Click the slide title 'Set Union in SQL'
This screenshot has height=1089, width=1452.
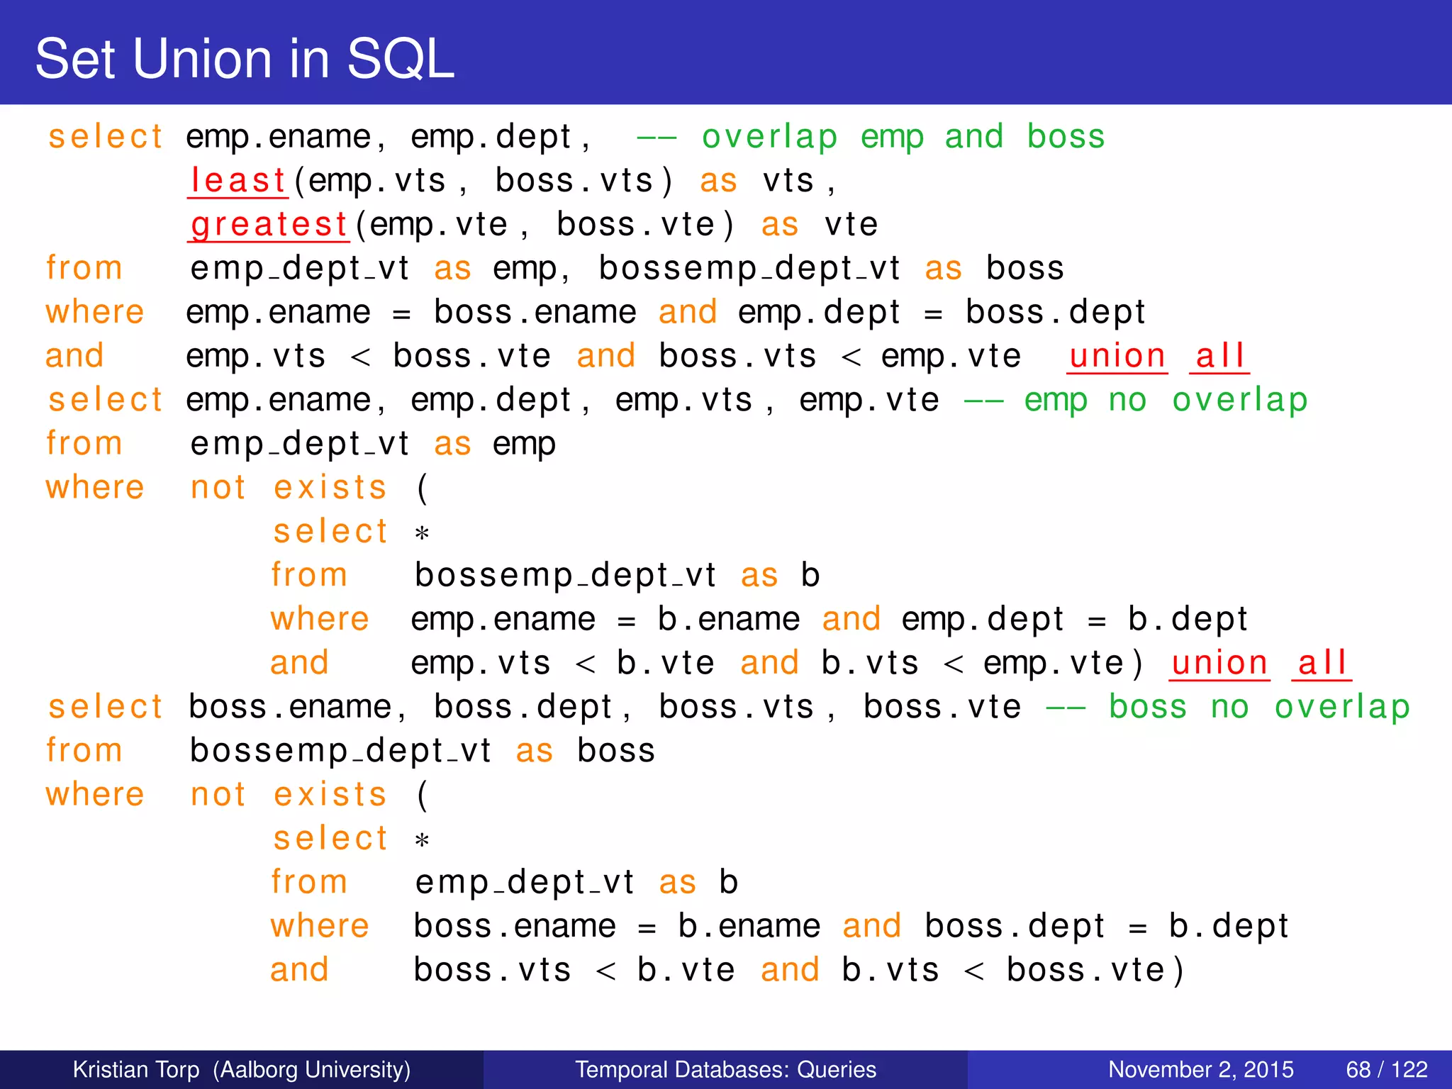245,58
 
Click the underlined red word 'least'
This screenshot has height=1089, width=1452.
238,180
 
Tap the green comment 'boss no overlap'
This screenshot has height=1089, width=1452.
1258,707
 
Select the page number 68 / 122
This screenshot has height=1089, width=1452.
1386,1069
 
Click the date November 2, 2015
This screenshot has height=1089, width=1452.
1200,1069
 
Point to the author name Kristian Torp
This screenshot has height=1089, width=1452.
136,1069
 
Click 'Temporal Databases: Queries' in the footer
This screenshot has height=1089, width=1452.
725,1069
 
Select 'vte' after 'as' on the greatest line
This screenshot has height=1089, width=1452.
851,225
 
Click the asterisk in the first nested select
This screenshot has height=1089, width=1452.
422,533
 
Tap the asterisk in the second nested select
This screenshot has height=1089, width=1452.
422,841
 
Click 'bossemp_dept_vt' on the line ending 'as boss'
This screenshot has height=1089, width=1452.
340,751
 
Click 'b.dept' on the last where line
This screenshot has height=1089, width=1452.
1228,926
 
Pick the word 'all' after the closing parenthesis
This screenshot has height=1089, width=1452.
1322,664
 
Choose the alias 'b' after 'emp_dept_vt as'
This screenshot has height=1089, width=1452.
728,882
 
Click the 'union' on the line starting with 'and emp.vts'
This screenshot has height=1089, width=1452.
1117,356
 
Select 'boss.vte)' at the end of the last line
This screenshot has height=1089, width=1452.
1095,970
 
